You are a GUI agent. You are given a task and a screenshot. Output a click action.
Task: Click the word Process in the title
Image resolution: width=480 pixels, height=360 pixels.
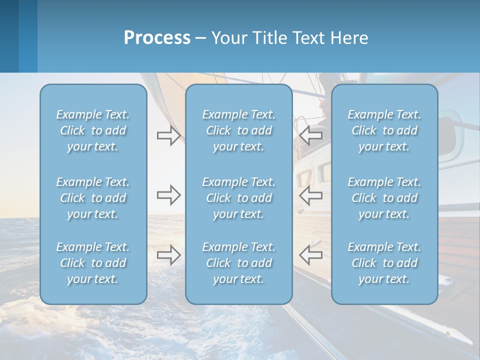tap(157, 38)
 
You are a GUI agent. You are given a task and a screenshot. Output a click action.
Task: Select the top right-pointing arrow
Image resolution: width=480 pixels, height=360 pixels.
tap(168, 135)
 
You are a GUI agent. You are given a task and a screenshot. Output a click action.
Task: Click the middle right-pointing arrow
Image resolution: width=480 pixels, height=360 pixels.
tap(168, 195)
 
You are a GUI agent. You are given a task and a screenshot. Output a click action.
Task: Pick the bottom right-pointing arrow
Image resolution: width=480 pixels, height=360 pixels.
tap(168, 254)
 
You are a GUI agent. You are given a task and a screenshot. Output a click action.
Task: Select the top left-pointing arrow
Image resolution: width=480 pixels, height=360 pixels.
tap(311, 135)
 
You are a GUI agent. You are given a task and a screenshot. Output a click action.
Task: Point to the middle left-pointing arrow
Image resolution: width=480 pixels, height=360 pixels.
tap(311, 195)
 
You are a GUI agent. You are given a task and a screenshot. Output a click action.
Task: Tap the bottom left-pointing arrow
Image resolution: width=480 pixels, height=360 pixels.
tap(311, 254)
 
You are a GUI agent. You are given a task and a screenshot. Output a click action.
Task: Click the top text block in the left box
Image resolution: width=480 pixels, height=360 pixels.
tap(93, 130)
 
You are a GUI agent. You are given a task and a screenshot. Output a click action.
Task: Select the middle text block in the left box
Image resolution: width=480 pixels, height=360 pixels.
tap(93, 198)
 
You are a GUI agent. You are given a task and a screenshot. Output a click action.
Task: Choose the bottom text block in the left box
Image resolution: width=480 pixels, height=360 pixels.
tap(93, 263)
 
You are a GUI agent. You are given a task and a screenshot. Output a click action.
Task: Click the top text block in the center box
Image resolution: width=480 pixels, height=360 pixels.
tap(239, 130)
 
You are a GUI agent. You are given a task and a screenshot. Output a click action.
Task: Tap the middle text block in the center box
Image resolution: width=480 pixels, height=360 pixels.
tap(239, 198)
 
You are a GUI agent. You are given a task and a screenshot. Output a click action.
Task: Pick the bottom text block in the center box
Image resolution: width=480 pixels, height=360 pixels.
tap(239, 263)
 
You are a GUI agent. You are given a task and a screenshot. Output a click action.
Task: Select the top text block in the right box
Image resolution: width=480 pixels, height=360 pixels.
tap(384, 130)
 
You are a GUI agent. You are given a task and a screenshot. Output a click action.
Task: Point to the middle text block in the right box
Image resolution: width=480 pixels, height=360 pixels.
tap(384, 198)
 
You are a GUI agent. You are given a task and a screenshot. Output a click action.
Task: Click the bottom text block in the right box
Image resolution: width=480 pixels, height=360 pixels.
tap(384, 263)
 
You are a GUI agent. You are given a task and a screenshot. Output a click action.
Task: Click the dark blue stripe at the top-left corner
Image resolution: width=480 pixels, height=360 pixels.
tap(9, 36)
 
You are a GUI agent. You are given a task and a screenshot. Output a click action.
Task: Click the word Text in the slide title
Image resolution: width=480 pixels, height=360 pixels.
tap(306, 38)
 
